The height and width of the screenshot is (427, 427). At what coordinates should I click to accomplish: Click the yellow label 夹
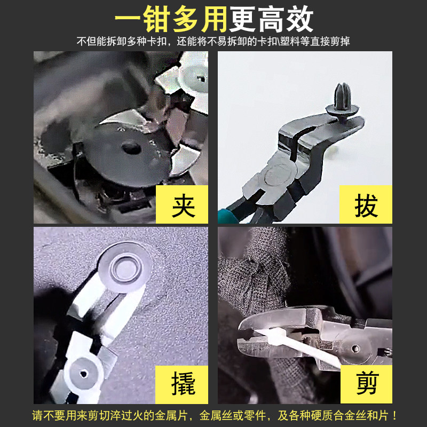coord(182,204)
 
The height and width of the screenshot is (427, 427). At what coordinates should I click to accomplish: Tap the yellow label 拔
coord(366,204)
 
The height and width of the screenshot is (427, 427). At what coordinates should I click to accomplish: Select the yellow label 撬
coord(182,384)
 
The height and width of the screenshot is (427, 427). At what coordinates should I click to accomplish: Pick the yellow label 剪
coord(366,384)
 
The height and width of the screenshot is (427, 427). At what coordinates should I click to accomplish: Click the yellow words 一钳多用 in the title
coord(171,19)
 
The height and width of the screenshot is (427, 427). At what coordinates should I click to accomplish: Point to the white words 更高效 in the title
coord(271,19)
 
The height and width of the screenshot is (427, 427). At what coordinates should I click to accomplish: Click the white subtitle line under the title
coord(213,42)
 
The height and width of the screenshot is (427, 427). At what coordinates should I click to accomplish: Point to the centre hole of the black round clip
coord(131,148)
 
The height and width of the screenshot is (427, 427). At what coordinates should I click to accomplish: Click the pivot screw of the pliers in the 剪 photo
coord(355,349)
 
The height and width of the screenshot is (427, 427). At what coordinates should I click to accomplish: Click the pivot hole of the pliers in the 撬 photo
coord(83,374)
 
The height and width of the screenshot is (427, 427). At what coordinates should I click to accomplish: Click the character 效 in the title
coord(299,19)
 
